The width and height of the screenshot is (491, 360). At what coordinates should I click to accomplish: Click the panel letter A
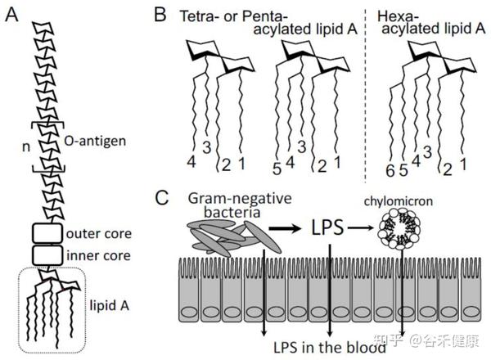click(12, 16)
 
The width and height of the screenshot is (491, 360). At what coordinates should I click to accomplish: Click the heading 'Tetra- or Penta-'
click(227, 16)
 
